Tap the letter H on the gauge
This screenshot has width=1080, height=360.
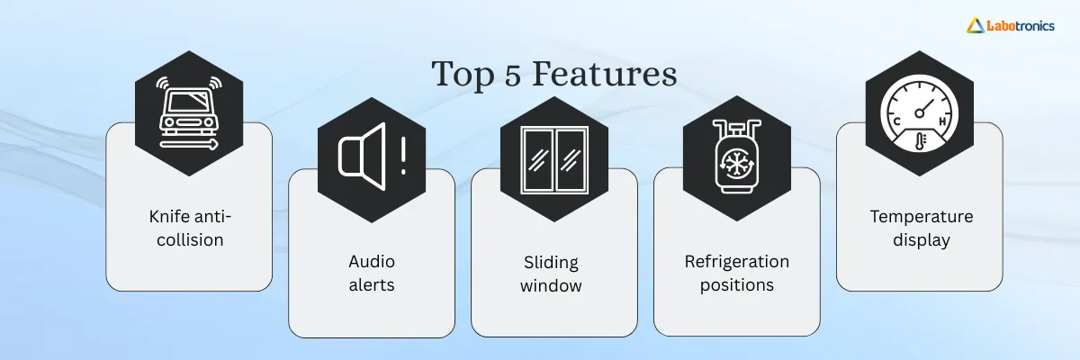coord(943,121)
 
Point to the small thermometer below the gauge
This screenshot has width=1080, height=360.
coord(920,140)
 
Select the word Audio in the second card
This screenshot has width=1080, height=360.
coord(372,262)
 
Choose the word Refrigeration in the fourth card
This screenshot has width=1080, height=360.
coord(736,262)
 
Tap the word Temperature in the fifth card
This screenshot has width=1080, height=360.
coord(920,216)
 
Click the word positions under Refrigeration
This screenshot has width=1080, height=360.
coord(736,286)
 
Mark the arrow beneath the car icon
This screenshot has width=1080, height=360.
coord(189,142)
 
